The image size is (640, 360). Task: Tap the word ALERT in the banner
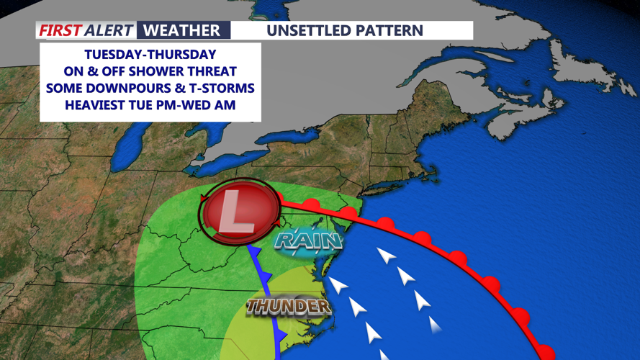tap(107, 30)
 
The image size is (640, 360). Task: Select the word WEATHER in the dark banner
tap(181, 30)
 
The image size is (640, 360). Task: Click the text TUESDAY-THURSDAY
tap(150, 55)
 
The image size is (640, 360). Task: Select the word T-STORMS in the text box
tap(222, 88)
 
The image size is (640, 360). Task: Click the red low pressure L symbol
tap(238, 210)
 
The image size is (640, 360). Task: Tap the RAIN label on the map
tap(308, 240)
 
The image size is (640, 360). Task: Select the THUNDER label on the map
tap(288, 307)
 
